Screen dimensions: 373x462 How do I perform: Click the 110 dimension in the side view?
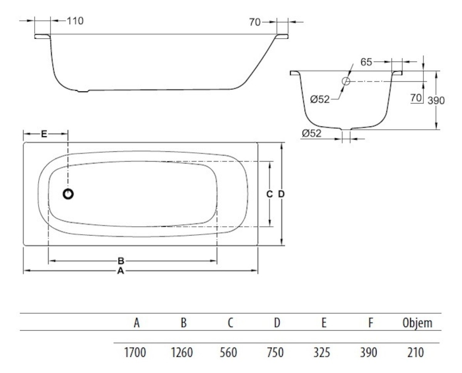pyautogui.click(x=75, y=21)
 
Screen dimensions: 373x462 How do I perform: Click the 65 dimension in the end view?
pyautogui.click(x=366, y=62)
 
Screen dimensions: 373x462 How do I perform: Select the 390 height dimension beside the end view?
pyautogui.click(x=436, y=100)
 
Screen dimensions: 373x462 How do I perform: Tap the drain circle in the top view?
pyautogui.click(x=68, y=194)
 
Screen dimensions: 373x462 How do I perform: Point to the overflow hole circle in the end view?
pyautogui.click(x=345, y=81)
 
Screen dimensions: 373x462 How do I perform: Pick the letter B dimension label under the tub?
pyautogui.click(x=121, y=261)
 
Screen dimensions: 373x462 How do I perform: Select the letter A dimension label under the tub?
pyautogui.click(x=121, y=271)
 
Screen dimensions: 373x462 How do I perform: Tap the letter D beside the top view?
pyautogui.click(x=281, y=194)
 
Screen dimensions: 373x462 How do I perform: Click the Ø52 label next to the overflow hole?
pyautogui.click(x=320, y=99)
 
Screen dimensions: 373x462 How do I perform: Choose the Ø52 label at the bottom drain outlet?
pyautogui.click(x=311, y=133)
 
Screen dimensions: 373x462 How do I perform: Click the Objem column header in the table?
pyautogui.click(x=417, y=323)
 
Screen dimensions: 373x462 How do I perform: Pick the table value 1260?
pyautogui.click(x=182, y=352)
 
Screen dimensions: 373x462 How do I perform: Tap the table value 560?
pyautogui.click(x=229, y=352)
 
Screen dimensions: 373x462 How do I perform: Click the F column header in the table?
pyautogui.click(x=370, y=323)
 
